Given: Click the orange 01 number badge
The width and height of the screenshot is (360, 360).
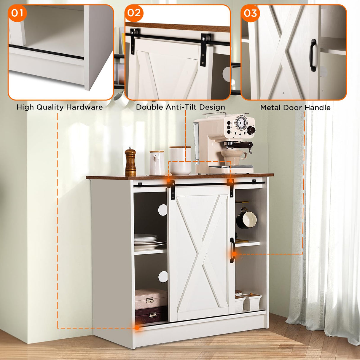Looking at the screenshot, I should (x=17, y=13).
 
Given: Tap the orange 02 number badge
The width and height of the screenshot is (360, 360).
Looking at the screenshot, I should (x=134, y=13).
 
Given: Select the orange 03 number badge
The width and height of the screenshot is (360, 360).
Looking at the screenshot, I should (x=250, y=13).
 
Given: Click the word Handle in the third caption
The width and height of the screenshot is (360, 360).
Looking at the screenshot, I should (x=318, y=108).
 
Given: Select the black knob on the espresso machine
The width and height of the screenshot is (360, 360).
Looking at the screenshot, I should (x=251, y=130).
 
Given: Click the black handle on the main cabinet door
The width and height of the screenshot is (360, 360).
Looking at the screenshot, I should (x=232, y=250).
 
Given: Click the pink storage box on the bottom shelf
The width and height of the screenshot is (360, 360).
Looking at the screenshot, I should (x=151, y=299).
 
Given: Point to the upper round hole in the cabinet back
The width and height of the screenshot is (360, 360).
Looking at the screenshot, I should (x=163, y=210).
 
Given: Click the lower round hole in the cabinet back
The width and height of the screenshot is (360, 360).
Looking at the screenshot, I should (x=163, y=277).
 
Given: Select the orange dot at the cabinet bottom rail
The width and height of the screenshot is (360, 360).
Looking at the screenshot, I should (x=137, y=327).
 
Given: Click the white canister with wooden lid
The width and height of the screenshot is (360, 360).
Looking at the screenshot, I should (x=180, y=160).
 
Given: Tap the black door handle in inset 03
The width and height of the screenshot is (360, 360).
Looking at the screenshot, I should (x=313, y=55).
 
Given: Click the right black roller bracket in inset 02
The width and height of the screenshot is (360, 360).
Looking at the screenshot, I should (x=205, y=49).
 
